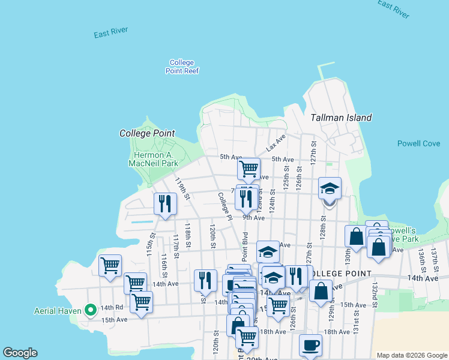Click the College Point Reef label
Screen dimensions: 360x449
pyautogui.click(x=182, y=67)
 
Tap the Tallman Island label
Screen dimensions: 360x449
pyautogui.click(x=341, y=118)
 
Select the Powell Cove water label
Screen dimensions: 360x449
pyautogui.click(x=418, y=143)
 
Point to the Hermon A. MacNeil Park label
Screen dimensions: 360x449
pyautogui.click(x=152, y=158)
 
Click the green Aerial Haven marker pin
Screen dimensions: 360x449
pyautogui.click(x=91, y=310)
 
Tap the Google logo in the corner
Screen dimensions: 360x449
pyautogui.click(x=20, y=353)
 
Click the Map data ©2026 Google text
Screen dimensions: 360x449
pyautogui.click(x=411, y=355)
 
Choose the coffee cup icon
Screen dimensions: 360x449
pyautogui.click(x=310, y=346)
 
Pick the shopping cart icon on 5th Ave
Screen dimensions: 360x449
pyautogui.click(x=249, y=169)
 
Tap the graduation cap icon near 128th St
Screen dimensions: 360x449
pyautogui.click(x=330, y=188)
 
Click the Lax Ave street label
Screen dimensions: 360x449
pyautogui.click(x=275, y=143)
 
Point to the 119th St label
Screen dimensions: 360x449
pyautogui.click(x=182, y=188)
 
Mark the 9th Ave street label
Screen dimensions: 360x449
pyautogui.click(x=254, y=218)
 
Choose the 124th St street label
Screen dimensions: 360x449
pyautogui.click(x=273, y=200)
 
